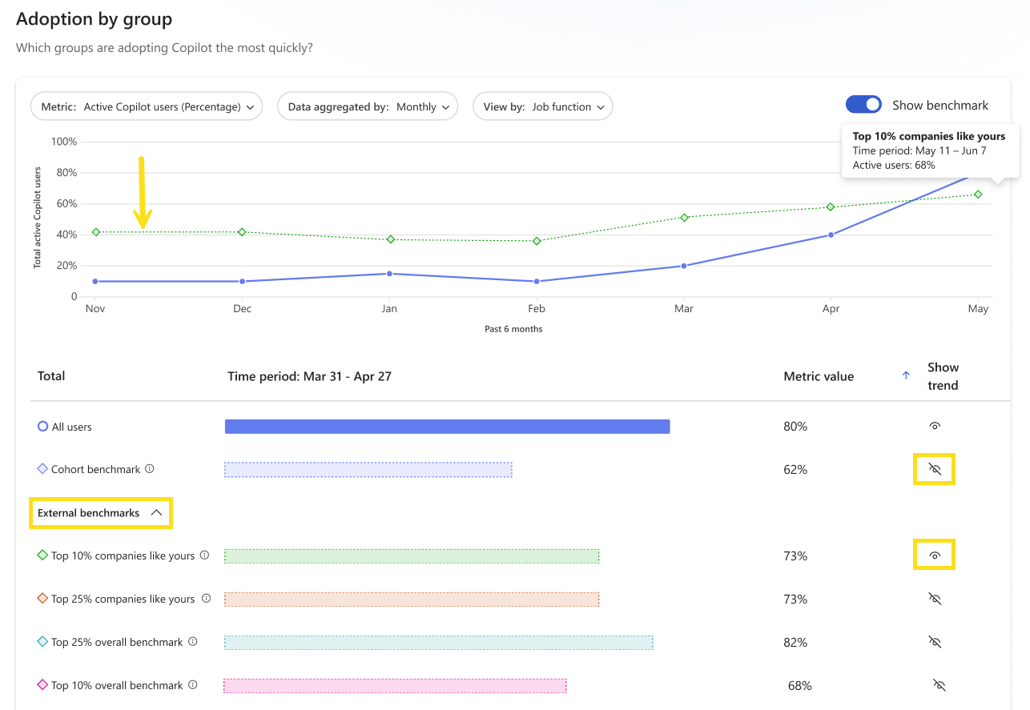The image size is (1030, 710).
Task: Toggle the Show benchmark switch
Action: coord(863,105)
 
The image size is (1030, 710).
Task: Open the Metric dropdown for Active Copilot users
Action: coord(147,106)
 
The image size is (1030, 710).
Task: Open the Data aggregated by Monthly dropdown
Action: coord(368,106)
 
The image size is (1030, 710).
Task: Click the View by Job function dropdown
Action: coord(542,106)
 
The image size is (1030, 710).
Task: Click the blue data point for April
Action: coord(831,235)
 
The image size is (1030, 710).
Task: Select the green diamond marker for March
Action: coord(684,218)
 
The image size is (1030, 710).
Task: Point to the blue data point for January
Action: coord(389,274)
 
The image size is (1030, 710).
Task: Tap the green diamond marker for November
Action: coord(96,232)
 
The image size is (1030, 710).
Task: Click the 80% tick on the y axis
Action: coord(66,173)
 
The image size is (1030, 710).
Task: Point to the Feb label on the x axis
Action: coord(536,308)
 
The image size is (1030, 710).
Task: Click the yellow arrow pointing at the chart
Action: coord(142,193)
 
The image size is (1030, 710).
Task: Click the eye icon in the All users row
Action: coord(935,426)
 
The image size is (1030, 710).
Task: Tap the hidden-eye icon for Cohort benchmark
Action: coord(935,469)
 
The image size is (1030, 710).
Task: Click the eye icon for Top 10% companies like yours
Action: coord(935,556)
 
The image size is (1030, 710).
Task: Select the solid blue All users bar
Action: coord(447,427)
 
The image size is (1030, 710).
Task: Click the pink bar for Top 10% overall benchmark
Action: coord(395,686)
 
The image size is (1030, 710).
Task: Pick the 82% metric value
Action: coord(795,643)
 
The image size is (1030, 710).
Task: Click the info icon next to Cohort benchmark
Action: coord(150,469)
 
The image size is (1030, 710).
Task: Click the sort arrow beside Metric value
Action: coord(906,375)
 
